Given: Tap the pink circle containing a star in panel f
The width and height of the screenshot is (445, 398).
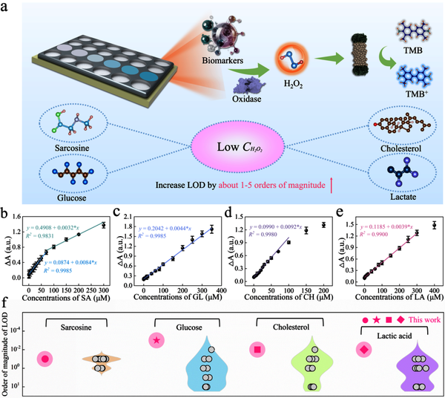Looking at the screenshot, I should [156, 340].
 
